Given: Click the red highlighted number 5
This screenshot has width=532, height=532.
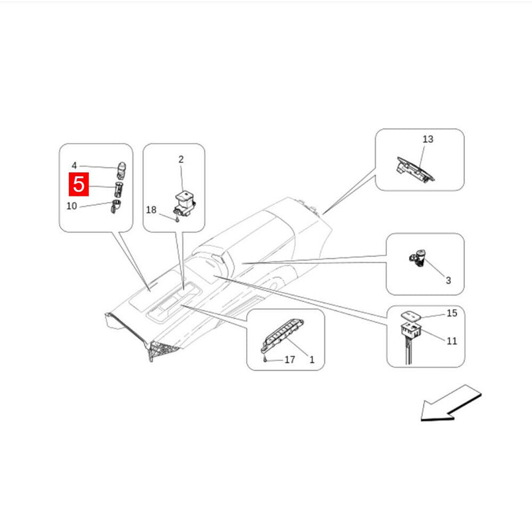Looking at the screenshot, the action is [x=78, y=184].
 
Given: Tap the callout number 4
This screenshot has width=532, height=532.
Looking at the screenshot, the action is [x=74, y=166].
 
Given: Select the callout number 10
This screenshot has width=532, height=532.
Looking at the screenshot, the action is [x=72, y=206].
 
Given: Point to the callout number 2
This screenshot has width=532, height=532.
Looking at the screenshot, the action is [x=181, y=159].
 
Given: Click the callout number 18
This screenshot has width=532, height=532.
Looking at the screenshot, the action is [x=151, y=209].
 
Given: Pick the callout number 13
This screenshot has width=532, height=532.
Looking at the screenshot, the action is [x=428, y=139].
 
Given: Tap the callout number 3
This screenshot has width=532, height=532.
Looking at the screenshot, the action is [x=448, y=280].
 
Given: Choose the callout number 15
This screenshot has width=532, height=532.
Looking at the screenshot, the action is [x=452, y=313].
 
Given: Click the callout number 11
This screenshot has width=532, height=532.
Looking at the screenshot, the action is [x=452, y=340].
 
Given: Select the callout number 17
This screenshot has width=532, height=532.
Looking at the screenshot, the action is [x=289, y=360].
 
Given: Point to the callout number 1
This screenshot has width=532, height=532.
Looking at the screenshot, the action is [x=312, y=360].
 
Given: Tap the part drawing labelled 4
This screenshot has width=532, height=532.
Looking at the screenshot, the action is [x=121, y=170].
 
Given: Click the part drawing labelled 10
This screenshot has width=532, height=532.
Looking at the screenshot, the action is [x=116, y=206].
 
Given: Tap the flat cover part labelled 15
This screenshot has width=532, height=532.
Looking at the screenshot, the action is [x=411, y=315].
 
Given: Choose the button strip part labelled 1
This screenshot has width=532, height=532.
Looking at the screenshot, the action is [x=282, y=334].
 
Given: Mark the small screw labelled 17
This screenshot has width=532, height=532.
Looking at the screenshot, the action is [x=265, y=360].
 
